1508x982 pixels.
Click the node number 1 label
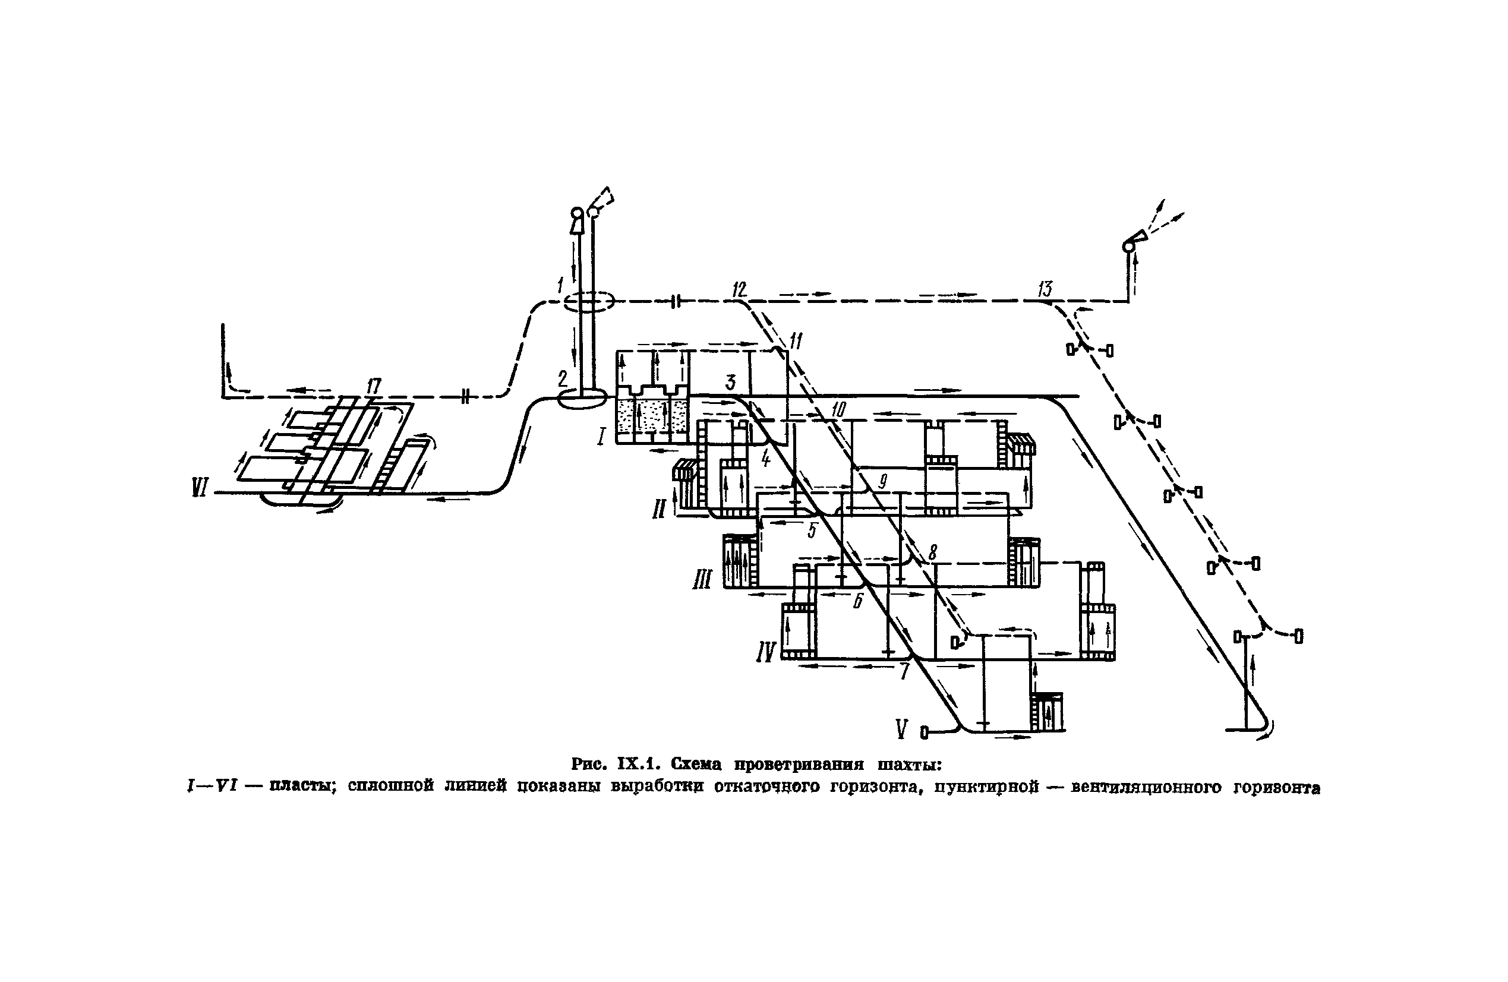point(560,286)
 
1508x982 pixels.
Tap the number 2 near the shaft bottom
point(563,380)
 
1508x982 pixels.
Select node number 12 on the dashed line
point(739,290)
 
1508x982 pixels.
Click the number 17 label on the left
point(374,385)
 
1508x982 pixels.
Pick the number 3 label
point(731,382)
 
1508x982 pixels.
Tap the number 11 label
point(796,342)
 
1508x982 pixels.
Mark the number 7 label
point(904,671)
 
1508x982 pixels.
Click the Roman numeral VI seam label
point(200,488)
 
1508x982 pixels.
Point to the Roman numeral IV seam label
point(766,651)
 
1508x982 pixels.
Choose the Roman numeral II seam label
point(659,509)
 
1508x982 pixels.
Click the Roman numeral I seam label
point(601,436)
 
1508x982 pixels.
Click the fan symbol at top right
point(1135,242)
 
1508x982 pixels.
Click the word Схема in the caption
point(696,764)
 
